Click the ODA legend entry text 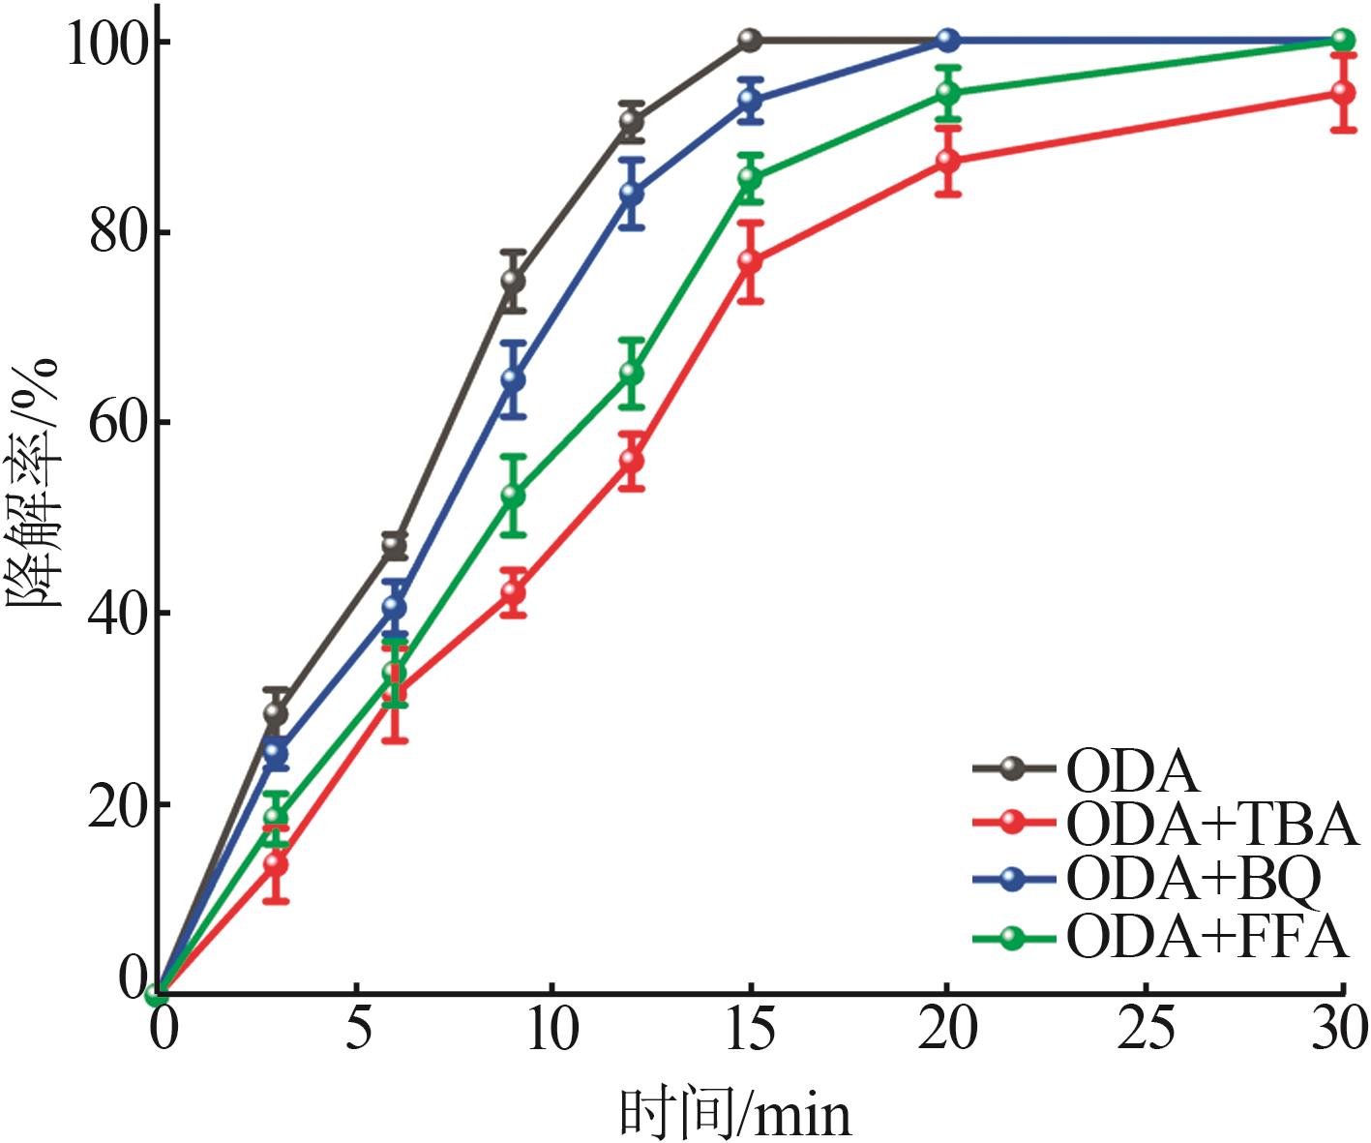point(1132,771)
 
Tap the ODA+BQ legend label point(1193,878)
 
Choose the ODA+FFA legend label point(1207,936)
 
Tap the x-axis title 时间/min point(735,1115)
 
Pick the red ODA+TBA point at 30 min point(1342,93)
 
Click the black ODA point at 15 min point(750,40)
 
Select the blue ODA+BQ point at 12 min point(631,193)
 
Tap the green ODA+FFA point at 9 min point(513,496)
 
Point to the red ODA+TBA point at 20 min point(948,161)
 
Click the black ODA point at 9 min point(513,282)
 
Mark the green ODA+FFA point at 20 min point(948,94)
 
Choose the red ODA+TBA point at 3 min point(276,863)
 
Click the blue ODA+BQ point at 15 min point(750,100)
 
